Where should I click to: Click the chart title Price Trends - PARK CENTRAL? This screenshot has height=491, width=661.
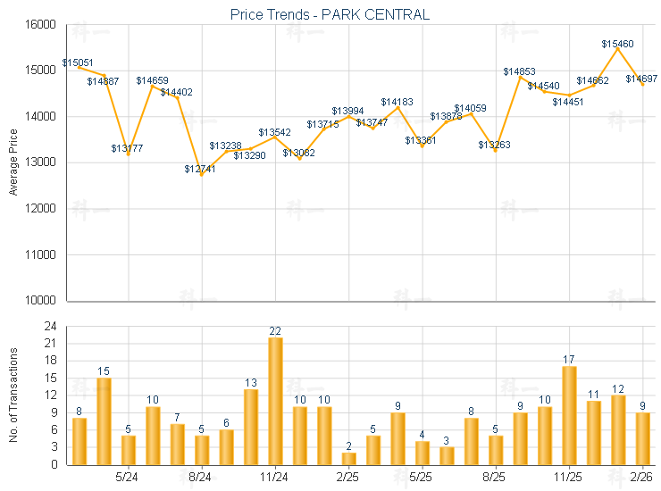point(330,14)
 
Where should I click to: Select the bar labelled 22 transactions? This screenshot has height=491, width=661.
point(275,401)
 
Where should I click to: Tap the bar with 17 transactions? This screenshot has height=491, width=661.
point(569,415)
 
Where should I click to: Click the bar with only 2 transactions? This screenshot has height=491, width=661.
point(348,459)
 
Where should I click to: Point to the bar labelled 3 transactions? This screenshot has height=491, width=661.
point(447,455)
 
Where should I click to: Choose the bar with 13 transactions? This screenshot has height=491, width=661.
point(251,427)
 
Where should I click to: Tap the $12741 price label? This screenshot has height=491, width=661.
point(201,169)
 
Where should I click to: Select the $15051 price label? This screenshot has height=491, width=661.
point(78,63)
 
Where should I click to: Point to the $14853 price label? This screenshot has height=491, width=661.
point(519,71)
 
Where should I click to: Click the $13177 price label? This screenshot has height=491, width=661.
point(127,148)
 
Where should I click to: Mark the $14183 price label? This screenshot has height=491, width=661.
point(397,103)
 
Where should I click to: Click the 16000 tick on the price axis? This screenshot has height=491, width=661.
point(42,24)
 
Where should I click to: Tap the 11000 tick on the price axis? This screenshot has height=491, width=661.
point(42,254)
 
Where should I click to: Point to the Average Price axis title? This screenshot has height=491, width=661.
point(13,162)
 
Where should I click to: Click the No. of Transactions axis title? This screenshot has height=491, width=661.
point(13,395)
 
